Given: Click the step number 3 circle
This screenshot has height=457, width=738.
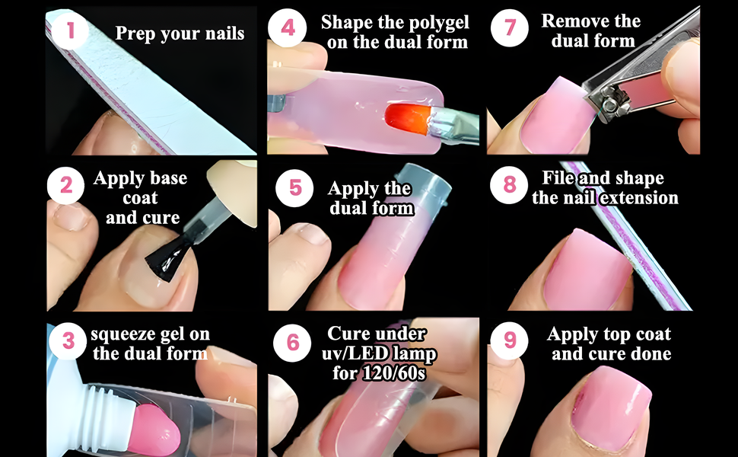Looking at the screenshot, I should pyautogui.click(x=69, y=340).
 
